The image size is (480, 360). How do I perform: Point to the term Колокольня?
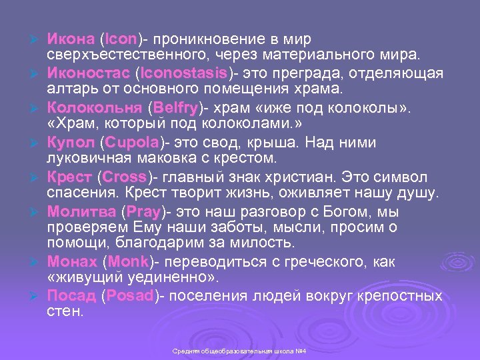coord(93,109)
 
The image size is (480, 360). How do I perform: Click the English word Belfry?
coord(175,109)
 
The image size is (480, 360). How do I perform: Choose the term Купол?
coord(70,143)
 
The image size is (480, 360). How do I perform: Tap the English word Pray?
coord(143,213)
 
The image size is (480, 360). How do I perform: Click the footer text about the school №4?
coord(239,351)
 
